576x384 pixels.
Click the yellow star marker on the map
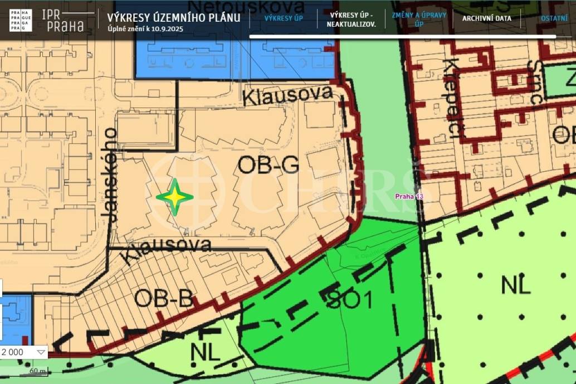point(175,197)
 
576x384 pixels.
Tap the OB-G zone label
point(268,165)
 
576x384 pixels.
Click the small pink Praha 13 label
point(409,196)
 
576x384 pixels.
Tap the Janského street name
point(111,175)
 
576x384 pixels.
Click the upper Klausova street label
point(287,96)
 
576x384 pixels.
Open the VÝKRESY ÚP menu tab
point(284,18)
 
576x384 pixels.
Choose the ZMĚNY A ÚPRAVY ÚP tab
point(419,19)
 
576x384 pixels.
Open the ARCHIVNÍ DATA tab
point(486,18)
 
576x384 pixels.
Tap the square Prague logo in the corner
point(21,20)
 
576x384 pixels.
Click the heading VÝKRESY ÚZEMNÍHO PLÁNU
point(174,17)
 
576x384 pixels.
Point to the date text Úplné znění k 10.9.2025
point(145,28)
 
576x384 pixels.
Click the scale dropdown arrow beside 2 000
point(41,352)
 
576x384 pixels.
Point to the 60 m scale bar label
point(38,371)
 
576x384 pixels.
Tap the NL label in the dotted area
point(516,285)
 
